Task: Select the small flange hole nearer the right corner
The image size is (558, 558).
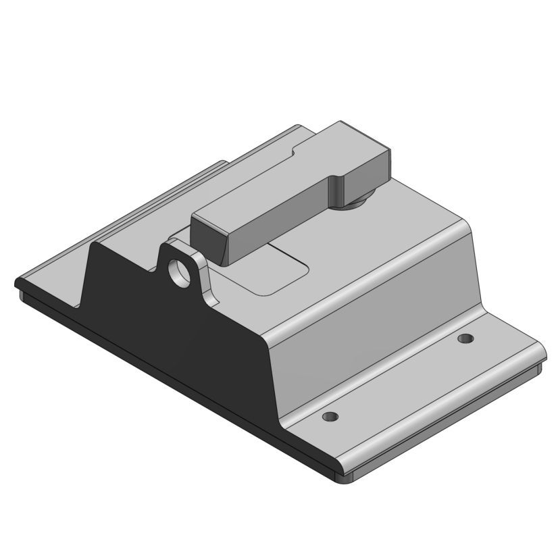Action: (x=464, y=338)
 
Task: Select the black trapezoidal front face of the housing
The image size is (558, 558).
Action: (x=182, y=345)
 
